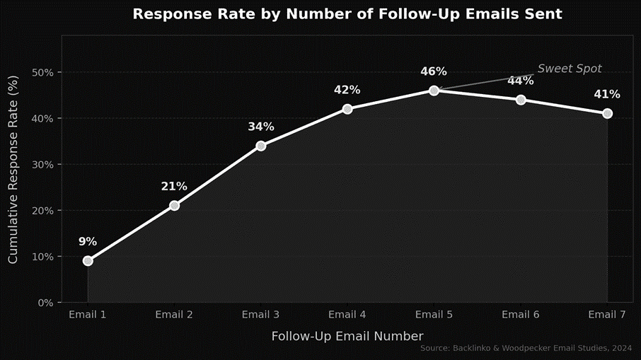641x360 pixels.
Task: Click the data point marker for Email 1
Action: [x=88, y=261]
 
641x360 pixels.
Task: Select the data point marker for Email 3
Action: [x=261, y=146]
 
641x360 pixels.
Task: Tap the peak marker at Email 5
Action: [x=434, y=91]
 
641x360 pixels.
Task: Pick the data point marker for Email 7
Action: [x=607, y=114]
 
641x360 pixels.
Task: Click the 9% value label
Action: [x=88, y=241]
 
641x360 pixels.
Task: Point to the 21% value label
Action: [x=174, y=187]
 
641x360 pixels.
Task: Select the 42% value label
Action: [x=347, y=90]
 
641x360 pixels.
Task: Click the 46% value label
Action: [x=434, y=71]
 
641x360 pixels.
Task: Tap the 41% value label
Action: [x=607, y=94]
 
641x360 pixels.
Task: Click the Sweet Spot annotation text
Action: [x=570, y=69]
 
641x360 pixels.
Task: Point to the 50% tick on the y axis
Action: [x=42, y=73]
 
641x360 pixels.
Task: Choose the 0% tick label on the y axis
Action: [x=45, y=303]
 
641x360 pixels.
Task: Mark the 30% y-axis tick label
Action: [x=42, y=165]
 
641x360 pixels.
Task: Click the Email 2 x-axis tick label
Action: [x=174, y=315]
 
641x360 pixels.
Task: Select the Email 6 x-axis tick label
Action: [x=520, y=315]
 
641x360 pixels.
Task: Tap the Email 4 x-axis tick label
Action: [x=347, y=315]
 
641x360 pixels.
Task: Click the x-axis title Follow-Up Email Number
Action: [x=347, y=336]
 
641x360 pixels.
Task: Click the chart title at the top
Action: [x=347, y=14]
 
